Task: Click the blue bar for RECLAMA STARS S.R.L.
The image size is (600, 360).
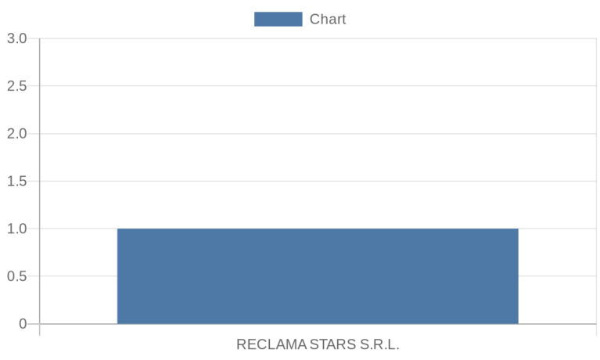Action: [318, 276]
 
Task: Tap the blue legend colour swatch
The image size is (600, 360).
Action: [278, 19]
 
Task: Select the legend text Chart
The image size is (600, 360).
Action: [328, 19]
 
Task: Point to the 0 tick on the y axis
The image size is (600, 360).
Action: [23, 324]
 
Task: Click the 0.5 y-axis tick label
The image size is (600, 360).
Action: [17, 276]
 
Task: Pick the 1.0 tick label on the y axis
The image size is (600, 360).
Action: [17, 229]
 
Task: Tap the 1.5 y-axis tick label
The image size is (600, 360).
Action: [17, 181]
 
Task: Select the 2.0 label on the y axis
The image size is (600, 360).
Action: [17, 134]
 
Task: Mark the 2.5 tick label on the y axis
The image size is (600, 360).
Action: [17, 86]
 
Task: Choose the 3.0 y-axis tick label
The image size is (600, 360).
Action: [17, 38]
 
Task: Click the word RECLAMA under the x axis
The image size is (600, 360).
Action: [271, 344]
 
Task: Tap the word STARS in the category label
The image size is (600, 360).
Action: [332, 344]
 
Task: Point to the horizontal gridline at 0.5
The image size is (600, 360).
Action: [318, 276]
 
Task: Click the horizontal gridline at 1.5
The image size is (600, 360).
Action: [318, 181]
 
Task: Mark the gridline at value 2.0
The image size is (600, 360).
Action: [318, 134]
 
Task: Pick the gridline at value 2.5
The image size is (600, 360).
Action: [318, 86]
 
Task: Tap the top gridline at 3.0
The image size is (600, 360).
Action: [318, 38]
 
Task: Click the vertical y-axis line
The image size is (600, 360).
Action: [39, 187]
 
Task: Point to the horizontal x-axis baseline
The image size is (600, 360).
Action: [318, 324]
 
